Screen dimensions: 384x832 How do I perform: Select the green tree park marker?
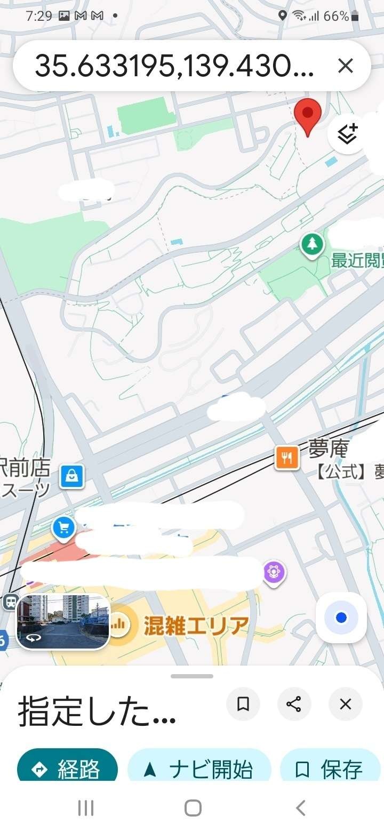tap(312, 245)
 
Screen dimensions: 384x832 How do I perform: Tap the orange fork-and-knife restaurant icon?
tap(287, 458)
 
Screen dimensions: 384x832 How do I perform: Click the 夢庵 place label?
tap(328, 450)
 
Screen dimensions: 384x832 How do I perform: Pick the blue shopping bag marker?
tap(71, 476)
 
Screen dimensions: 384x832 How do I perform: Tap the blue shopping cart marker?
tap(63, 528)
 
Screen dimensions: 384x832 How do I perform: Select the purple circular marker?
tap(274, 572)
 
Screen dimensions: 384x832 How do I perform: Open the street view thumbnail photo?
tap(63, 622)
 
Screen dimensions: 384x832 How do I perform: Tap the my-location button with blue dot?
tap(341, 618)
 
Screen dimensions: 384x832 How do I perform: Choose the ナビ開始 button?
tap(199, 769)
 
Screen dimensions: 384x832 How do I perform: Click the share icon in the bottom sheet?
tap(294, 704)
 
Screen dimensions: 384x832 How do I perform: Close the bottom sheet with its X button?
tap(345, 704)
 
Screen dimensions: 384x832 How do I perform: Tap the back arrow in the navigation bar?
tap(301, 808)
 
